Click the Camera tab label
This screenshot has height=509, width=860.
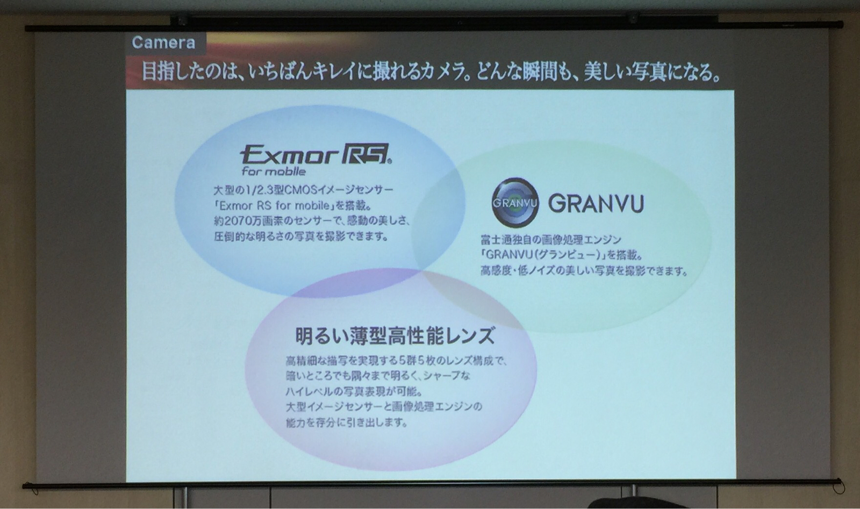click(x=163, y=42)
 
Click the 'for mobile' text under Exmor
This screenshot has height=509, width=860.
click(x=274, y=171)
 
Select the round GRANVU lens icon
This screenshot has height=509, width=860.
click(x=515, y=203)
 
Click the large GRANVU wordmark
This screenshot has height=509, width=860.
click(x=596, y=204)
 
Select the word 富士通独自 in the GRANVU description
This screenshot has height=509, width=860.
click(x=505, y=240)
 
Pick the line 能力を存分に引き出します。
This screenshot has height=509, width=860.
click(x=346, y=422)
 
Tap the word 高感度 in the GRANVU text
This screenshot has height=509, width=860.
click(x=495, y=271)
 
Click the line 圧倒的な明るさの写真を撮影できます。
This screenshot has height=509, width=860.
click(x=301, y=236)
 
